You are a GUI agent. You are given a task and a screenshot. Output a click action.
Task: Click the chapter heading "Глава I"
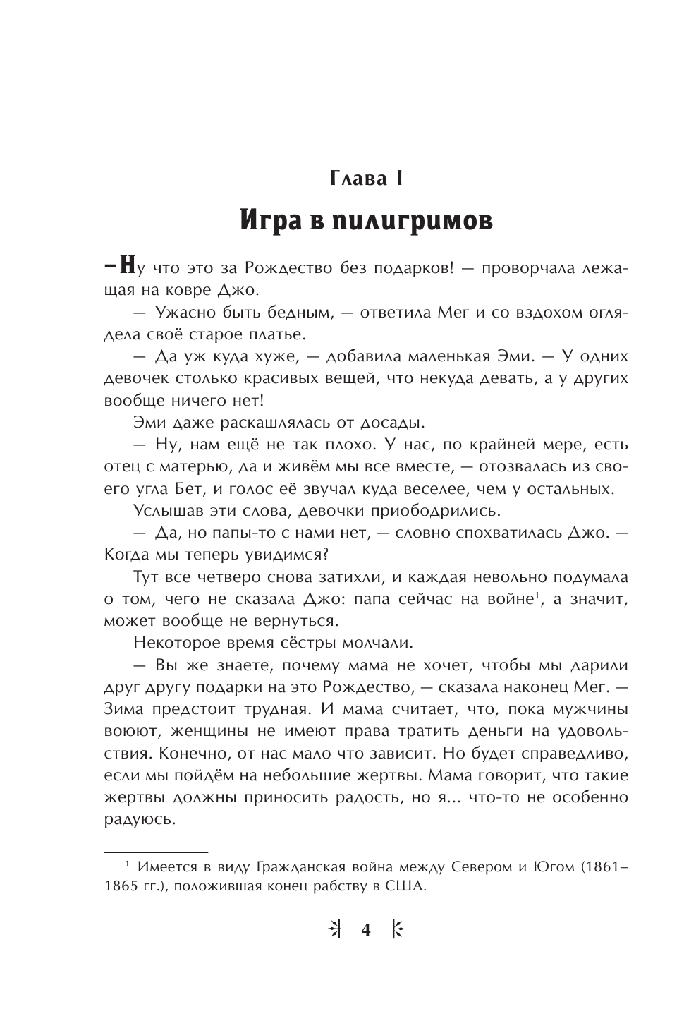pos(366,179)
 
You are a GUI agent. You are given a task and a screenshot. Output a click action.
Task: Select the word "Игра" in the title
pos(269,221)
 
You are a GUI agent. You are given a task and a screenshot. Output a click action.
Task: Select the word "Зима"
pos(125,709)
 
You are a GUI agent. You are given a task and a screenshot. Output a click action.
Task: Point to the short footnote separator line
pos(156,852)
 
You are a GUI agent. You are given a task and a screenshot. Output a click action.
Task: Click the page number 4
pos(365,930)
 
